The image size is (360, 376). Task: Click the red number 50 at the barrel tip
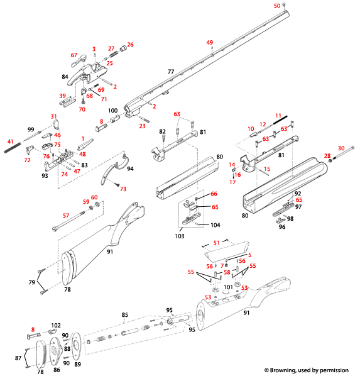tap(276, 6)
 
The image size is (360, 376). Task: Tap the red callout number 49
tap(210, 42)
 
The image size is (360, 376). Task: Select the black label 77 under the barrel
tap(170, 73)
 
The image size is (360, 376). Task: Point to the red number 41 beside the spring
tap(10, 141)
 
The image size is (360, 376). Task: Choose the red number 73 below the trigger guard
tap(123, 189)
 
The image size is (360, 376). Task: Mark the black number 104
tap(215, 224)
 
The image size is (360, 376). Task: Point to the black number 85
tap(124, 314)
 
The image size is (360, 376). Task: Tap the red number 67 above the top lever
tap(74, 55)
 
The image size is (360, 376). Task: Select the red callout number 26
tap(131, 45)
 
